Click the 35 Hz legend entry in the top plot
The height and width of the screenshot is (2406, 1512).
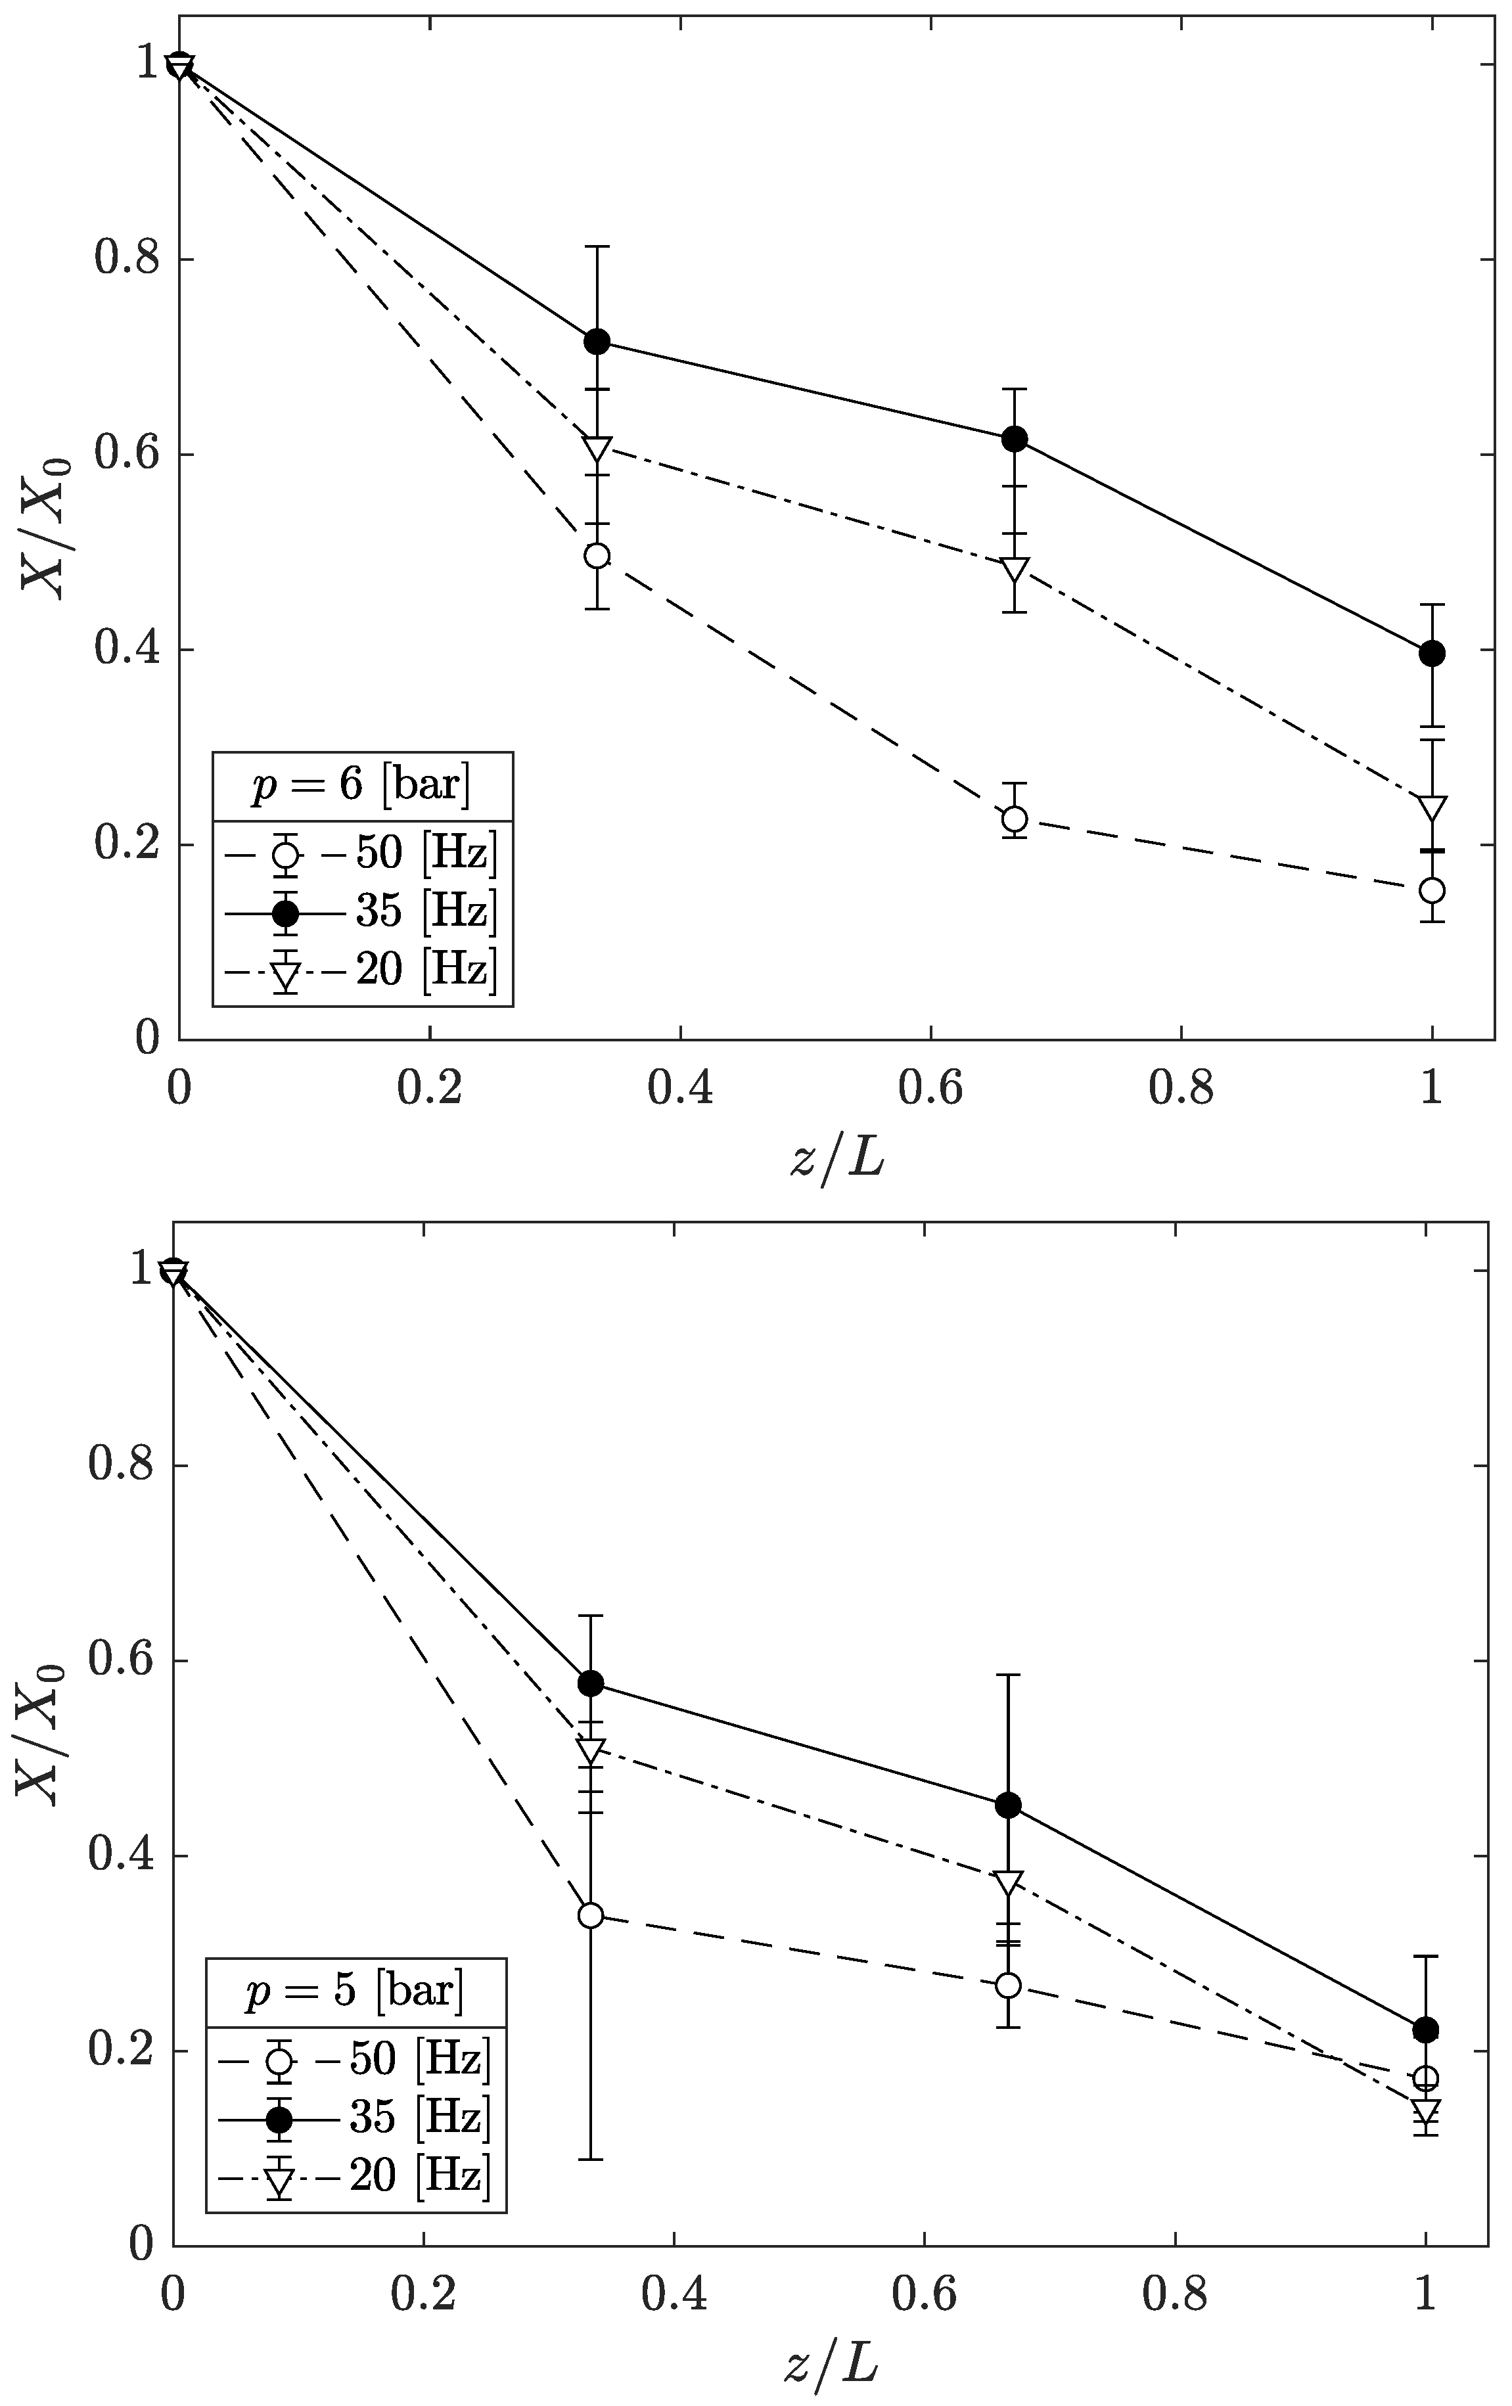pyautogui.click(x=362, y=911)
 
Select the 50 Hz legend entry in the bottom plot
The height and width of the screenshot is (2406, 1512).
pyautogui.click(x=355, y=2058)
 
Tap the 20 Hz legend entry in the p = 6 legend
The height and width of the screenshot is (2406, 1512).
pyautogui.click(x=362, y=969)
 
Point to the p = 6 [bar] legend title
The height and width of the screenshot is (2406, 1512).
pyautogui.click(x=362, y=785)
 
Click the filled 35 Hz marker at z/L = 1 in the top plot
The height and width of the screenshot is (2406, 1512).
pyautogui.click(x=1431, y=654)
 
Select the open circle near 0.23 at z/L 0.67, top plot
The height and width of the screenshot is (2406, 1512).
pyautogui.click(x=1015, y=819)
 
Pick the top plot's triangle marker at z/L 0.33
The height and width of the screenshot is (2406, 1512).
pyautogui.click(x=597, y=447)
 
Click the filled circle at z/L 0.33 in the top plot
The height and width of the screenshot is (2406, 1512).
pyautogui.click(x=597, y=342)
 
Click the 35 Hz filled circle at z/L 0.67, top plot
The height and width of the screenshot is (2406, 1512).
pyautogui.click(x=1015, y=440)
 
